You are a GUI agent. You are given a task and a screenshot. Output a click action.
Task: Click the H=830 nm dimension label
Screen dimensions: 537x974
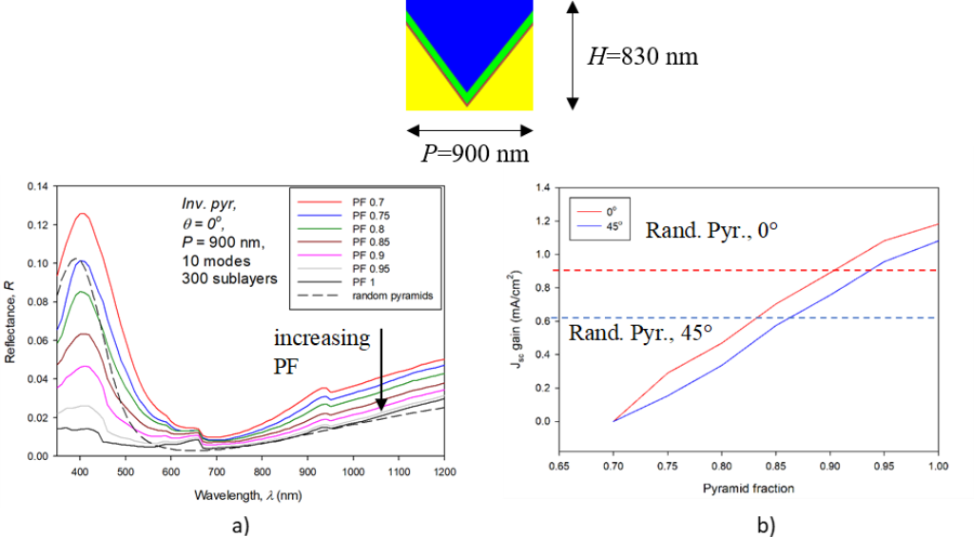[x=642, y=57]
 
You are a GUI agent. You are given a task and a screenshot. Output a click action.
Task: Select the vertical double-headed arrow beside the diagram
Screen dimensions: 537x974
[x=571, y=55]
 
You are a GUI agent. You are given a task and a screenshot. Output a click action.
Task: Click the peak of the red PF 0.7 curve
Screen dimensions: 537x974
[x=82, y=214]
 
